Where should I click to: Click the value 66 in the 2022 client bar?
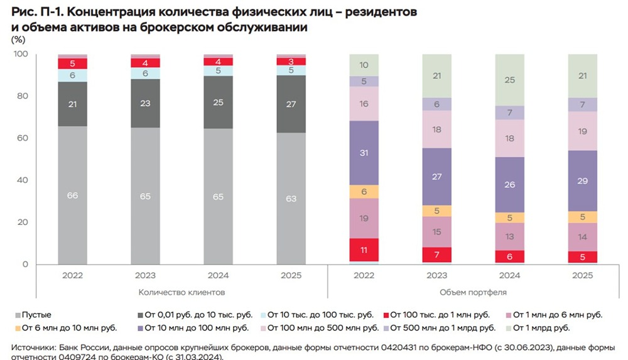[72, 196]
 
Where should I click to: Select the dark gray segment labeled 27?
[291, 104]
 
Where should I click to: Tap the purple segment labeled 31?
[364, 153]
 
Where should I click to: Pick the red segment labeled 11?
[364, 249]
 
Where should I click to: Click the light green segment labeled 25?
[509, 80]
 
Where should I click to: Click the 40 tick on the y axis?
[22, 180]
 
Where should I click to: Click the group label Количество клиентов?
[181, 293]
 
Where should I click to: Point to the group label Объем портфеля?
[473, 293]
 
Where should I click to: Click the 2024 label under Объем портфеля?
[509, 275]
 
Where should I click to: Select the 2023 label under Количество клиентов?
[145, 275]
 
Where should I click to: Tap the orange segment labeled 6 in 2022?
[364, 192]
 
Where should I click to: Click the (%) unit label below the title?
[19, 40]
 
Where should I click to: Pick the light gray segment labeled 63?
[291, 199]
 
